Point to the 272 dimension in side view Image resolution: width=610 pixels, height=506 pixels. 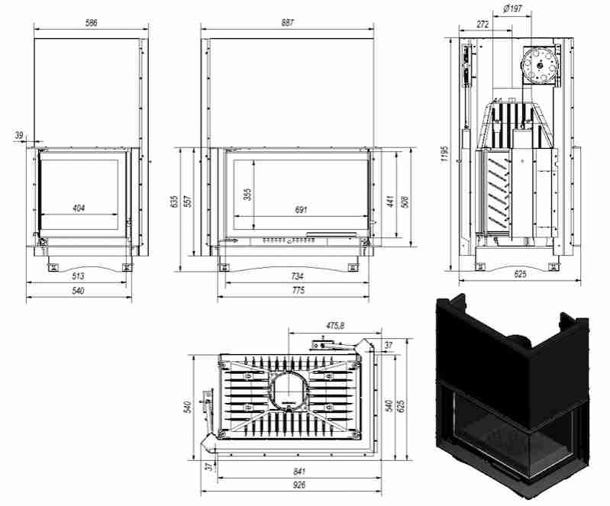[x=483, y=24]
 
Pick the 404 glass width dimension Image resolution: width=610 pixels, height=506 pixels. [x=79, y=208]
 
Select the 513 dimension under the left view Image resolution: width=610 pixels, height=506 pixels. [x=79, y=276]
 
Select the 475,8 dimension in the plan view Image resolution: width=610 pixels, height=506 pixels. [x=335, y=326]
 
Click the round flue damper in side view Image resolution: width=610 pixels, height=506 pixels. [x=541, y=65]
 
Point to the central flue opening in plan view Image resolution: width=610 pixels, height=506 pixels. [x=288, y=388]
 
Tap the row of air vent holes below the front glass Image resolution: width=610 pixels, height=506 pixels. [x=289, y=240]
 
